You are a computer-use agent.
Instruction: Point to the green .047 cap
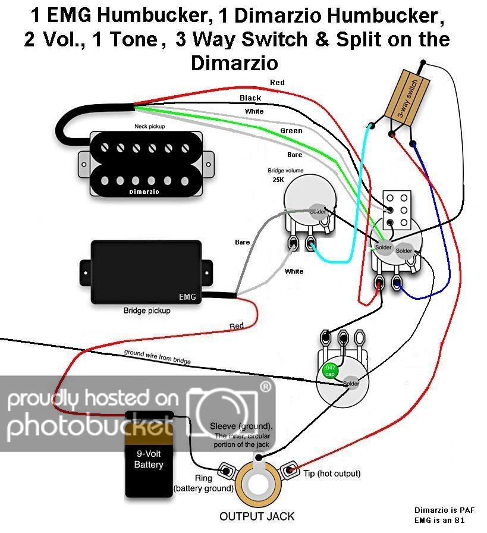point(329,371)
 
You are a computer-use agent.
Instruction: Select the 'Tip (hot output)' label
point(332,474)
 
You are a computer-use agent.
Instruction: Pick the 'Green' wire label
point(291,131)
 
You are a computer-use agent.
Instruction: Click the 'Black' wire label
point(250,98)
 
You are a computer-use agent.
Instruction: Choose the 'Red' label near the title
point(277,82)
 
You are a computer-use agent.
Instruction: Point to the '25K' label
point(278,179)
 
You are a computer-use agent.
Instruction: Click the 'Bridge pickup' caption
point(147,311)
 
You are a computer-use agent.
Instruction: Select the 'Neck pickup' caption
point(149,127)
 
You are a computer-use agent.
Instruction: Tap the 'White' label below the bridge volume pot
point(294,271)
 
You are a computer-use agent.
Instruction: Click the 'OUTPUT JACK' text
point(257,516)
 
